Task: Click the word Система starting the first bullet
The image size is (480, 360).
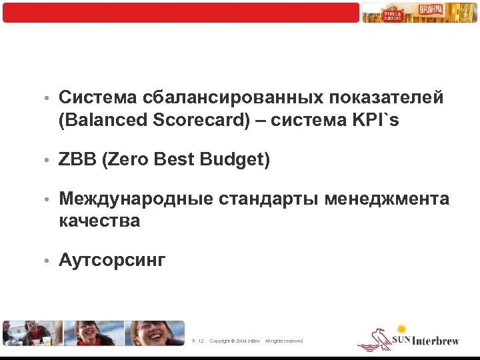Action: (97, 98)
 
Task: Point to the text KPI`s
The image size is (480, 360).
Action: (377, 121)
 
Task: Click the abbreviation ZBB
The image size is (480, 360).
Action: (77, 160)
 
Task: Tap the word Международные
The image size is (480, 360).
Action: (136, 199)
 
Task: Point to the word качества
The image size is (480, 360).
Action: (99, 221)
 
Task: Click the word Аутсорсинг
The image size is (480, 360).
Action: (111, 260)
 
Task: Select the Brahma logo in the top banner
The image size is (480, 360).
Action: (429, 11)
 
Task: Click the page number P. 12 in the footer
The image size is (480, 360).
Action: (197, 341)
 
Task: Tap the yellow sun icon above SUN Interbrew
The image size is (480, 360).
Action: (401, 329)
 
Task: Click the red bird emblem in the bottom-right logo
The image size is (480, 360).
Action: (374, 340)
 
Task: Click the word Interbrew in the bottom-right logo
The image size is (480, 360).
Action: (436, 341)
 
